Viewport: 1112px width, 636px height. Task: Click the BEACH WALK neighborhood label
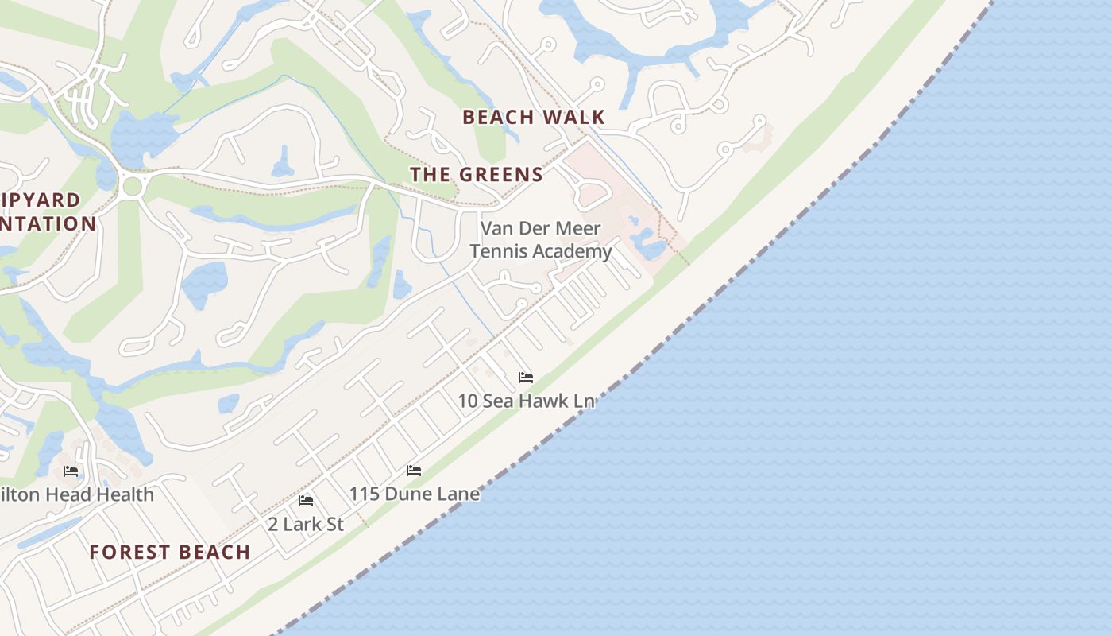click(x=534, y=117)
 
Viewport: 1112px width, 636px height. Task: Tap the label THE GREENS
click(x=477, y=174)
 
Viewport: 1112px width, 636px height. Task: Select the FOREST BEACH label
click(x=170, y=552)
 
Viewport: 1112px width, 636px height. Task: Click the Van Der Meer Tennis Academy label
click(x=541, y=240)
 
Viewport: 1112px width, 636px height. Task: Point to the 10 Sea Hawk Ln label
click(x=526, y=401)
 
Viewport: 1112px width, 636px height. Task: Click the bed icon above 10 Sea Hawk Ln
click(x=525, y=377)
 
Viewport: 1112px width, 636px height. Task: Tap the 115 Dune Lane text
click(x=415, y=494)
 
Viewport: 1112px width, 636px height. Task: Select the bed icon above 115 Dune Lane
click(x=414, y=470)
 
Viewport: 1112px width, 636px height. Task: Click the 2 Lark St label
click(x=306, y=524)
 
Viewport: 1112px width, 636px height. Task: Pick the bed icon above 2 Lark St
click(x=306, y=500)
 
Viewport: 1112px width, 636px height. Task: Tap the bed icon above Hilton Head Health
click(x=71, y=471)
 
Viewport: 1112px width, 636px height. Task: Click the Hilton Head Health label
click(x=76, y=494)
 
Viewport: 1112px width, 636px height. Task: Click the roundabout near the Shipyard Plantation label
click(x=133, y=188)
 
